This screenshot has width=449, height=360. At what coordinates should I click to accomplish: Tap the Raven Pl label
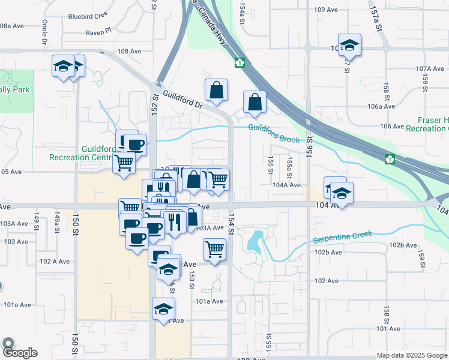point(98,32)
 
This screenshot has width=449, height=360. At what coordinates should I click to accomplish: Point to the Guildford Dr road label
point(182,100)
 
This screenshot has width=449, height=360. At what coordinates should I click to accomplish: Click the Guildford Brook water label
point(274,133)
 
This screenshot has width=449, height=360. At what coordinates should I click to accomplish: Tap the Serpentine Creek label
point(342,237)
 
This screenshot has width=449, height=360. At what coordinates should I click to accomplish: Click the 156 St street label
point(310,146)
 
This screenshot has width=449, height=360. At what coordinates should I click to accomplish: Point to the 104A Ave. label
point(286,185)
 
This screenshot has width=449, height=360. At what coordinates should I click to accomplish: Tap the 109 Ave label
point(327,10)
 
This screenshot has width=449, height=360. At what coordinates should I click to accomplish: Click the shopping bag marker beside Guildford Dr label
point(216,91)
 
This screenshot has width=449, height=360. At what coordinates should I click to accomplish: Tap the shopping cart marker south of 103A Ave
point(214,249)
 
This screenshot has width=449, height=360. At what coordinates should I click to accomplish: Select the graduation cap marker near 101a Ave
point(163,310)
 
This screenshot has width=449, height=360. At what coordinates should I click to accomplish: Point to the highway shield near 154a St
point(240,62)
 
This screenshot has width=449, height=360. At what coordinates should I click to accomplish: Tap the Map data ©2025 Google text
point(412,355)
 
